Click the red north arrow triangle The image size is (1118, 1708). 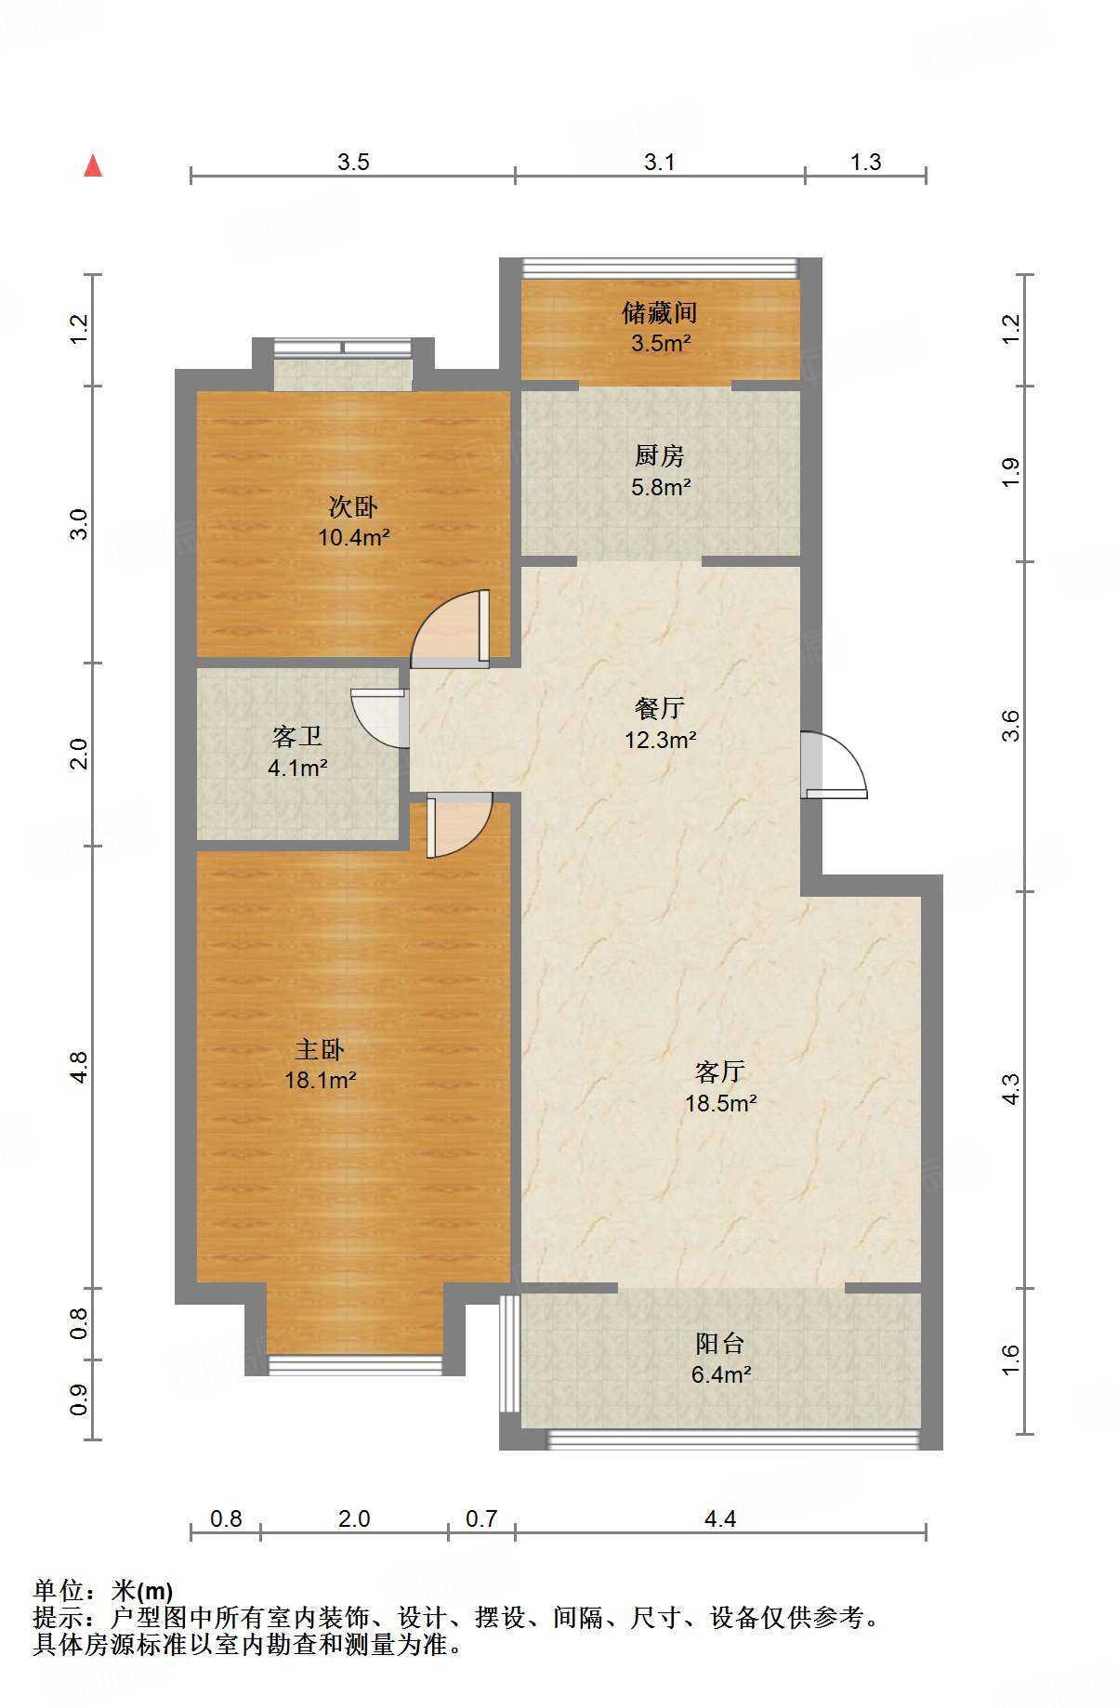tap(93, 166)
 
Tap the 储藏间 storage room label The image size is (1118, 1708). tap(660, 312)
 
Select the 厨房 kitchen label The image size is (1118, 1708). tap(660, 455)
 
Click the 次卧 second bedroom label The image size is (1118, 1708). tap(353, 506)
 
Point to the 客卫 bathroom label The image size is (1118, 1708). tap(297, 737)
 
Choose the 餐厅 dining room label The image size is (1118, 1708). tap(660, 708)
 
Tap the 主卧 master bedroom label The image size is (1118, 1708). tap(320, 1049)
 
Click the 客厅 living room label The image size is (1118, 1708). tap(720, 1072)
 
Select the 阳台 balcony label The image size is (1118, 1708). tap(720, 1343)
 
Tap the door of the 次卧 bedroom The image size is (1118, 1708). tap(451, 629)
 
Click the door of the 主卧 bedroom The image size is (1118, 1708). tap(459, 825)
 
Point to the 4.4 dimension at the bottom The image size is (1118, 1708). tap(720, 1518)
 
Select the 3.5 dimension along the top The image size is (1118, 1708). tap(353, 162)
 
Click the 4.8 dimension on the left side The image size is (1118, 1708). tap(79, 1067)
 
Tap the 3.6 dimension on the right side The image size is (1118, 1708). tap(1010, 726)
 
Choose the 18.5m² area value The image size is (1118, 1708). tap(721, 1103)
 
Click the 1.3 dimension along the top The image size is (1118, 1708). tap(865, 162)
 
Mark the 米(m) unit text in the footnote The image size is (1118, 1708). tap(142, 1592)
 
